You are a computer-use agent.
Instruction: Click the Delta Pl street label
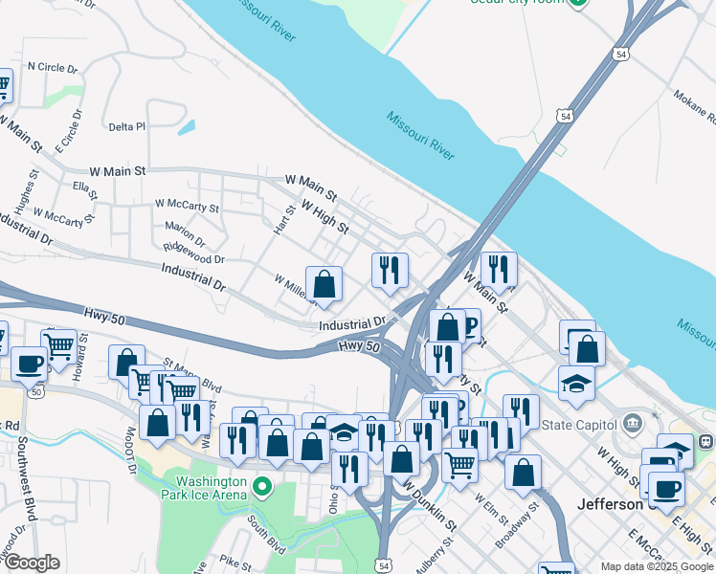point(126,126)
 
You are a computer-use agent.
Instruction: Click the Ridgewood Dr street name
point(193,253)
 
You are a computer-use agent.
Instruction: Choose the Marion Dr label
point(185,233)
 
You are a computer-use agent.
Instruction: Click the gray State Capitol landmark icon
point(632,423)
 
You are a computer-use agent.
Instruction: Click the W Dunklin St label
point(428,502)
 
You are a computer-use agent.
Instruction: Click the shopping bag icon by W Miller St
point(324,284)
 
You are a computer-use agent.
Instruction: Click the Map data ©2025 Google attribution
point(657,566)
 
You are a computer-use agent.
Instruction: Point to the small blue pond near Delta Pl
point(187,125)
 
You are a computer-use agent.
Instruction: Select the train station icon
point(705,443)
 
